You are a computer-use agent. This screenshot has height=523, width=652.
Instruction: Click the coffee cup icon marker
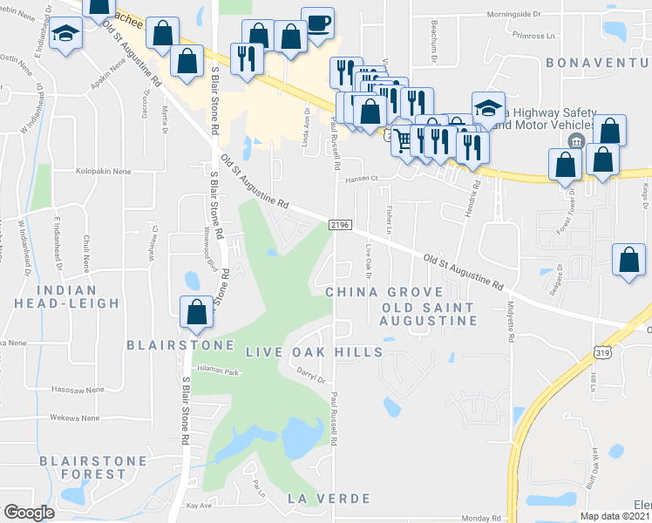tap(317, 23)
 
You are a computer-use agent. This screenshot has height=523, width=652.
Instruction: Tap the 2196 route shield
tap(340, 225)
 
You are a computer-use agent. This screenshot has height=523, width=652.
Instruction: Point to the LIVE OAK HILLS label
tap(314, 351)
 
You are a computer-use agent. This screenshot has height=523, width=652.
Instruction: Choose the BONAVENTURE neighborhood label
tap(598, 63)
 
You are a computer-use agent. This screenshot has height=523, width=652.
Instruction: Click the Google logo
tap(29, 513)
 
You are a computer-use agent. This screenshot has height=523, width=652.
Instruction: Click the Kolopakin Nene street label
tap(104, 172)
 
